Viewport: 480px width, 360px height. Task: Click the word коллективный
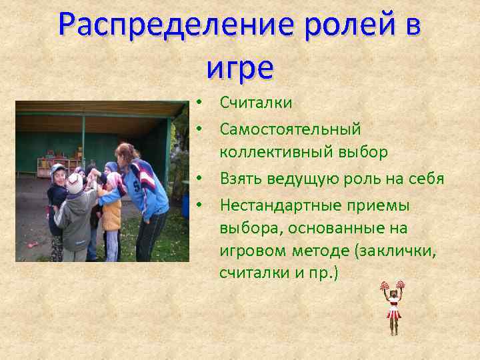279,152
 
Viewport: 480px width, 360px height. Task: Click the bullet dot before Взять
200,179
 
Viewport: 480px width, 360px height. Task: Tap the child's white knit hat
74,182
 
